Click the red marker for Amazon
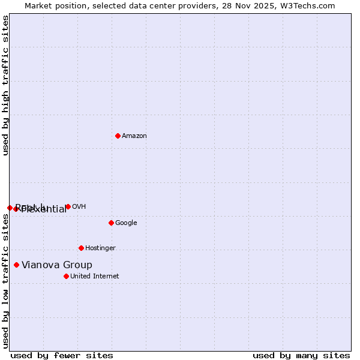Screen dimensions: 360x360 (118, 136)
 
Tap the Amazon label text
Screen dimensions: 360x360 (134, 136)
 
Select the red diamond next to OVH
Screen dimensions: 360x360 (68, 206)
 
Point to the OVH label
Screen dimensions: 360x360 (79, 207)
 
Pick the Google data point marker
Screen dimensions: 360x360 (111, 223)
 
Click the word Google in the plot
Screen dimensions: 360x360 (126, 223)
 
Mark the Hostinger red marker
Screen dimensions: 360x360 (81, 248)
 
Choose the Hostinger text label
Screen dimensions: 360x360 (100, 248)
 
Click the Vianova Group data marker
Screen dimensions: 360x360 (16, 265)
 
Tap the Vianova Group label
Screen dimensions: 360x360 (57, 265)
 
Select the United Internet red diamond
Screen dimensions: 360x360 (66, 276)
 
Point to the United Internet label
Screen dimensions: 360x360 (94, 277)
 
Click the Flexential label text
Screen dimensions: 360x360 (44, 209)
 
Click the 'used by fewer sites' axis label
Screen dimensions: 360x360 (62, 355)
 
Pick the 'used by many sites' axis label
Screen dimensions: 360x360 (301, 355)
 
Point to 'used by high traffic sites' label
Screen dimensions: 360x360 (5, 85)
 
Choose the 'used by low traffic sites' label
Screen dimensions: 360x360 (5, 281)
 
